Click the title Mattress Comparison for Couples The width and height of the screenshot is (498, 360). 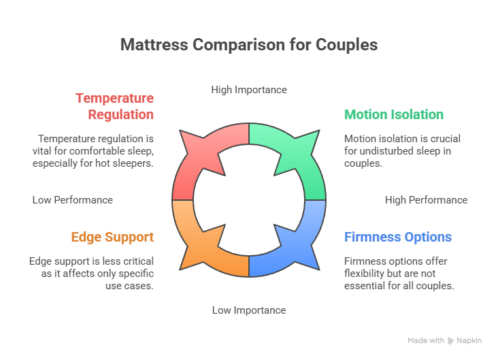[248, 45]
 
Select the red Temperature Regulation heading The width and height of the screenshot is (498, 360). [114, 106]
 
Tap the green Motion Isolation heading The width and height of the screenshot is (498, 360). [394, 114]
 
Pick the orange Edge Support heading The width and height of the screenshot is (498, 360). [112, 237]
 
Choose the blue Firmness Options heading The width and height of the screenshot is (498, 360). [398, 237]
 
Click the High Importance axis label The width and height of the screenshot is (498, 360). [249, 90]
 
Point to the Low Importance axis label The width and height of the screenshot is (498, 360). [249, 310]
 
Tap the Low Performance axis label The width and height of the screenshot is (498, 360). [72, 200]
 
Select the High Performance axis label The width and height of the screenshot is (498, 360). [426, 200]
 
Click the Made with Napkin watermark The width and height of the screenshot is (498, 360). [444, 340]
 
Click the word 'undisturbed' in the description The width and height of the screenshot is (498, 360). [390, 150]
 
